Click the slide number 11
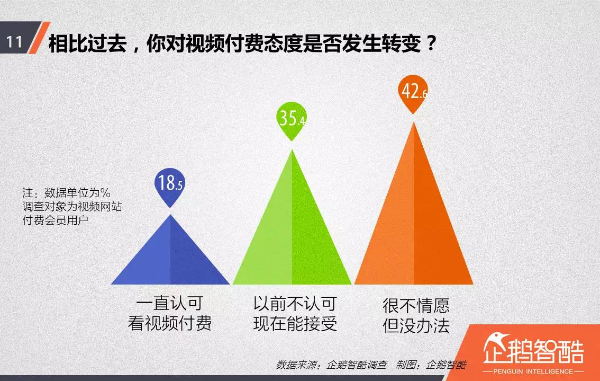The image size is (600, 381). point(15,42)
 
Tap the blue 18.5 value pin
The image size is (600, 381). point(170,183)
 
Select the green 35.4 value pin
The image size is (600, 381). point(292,119)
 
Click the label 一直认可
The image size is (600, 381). point(169,304)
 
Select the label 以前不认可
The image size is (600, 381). point(295,304)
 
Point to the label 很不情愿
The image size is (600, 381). point(416,306)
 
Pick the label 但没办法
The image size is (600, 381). point(416,325)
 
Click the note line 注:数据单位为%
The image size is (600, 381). point(66,192)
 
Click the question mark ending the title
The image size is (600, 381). point(431,43)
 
